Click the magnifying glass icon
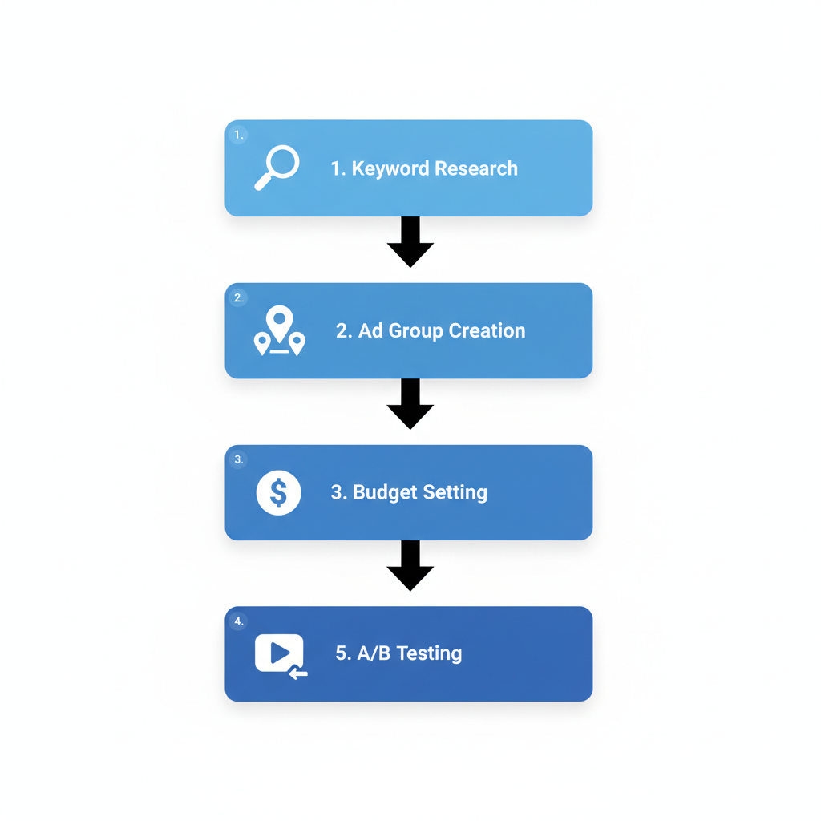[x=277, y=168]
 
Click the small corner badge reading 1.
[x=238, y=135]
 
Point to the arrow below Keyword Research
[x=410, y=242]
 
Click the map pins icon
[x=279, y=331]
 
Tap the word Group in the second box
[x=415, y=331]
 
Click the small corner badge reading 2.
[x=238, y=298]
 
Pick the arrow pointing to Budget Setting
[x=410, y=404]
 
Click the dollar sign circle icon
[x=278, y=492]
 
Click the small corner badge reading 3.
[x=238, y=459]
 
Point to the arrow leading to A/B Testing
[x=410, y=566]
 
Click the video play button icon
[x=280, y=654]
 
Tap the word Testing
[x=429, y=653]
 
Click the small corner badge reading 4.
[x=238, y=621]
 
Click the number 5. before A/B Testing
[x=343, y=653]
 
